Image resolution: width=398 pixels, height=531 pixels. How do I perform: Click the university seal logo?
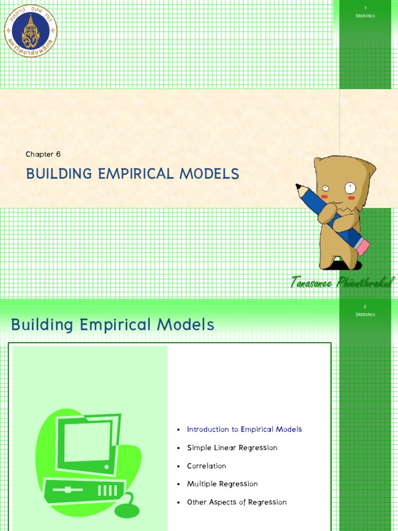coord(31,31)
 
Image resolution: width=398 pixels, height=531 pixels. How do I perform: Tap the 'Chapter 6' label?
coord(44,154)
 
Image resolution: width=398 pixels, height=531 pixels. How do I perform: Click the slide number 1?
coord(365,8)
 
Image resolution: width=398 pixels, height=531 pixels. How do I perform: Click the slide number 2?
coord(365,306)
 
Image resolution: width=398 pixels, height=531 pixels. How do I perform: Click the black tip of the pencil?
coord(298,186)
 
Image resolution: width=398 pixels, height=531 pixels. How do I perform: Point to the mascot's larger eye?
coord(350,187)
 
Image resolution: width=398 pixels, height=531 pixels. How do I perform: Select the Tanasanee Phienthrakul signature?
coord(343,282)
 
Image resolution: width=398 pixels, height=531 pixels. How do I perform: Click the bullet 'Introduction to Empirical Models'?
coord(244,429)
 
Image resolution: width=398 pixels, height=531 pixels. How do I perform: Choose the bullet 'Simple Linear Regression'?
coord(232,448)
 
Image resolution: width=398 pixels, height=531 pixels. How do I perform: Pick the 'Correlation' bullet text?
coord(206,466)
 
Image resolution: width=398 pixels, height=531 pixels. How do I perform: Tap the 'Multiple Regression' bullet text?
coord(222,484)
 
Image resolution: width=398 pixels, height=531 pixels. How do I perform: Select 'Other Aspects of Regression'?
coord(236,502)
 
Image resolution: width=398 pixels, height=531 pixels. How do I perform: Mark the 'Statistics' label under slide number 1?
coord(365,16)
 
